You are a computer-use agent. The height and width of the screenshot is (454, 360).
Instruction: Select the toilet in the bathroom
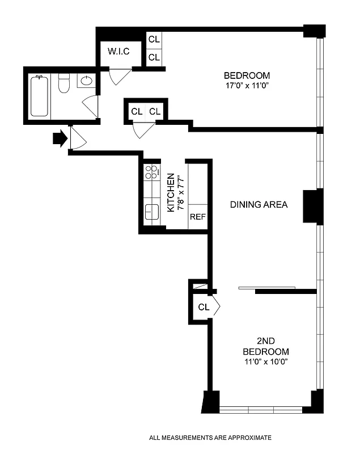pyautogui.click(x=63, y=84)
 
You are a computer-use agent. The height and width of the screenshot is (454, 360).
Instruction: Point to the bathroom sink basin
pyautogui.click(x=86, y=81)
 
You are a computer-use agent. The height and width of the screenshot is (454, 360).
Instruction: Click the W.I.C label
pyautogui.click(x=119, y=52)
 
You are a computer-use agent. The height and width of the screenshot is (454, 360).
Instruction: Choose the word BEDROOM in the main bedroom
pyautogui.click(x=247, y=75)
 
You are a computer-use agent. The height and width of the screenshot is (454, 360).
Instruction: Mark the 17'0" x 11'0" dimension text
pyautogui.click(x=247, y=86)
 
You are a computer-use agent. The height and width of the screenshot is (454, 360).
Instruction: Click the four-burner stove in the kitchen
pyautogui.click(x=151, y=172)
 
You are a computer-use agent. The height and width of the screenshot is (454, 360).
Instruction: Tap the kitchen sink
pyautogui.click(x=151, y=211)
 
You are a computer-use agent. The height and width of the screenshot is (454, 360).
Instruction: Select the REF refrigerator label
pyautogui.click(x=197, y=217)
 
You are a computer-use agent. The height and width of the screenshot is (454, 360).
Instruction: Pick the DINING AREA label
pyautogui.click(x=259, y=204)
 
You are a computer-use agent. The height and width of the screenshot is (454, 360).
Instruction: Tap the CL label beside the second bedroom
pyautogui.click(x=204, y=307)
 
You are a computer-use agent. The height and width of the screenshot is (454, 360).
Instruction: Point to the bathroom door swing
pyautogui.click(x=91, y=107)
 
